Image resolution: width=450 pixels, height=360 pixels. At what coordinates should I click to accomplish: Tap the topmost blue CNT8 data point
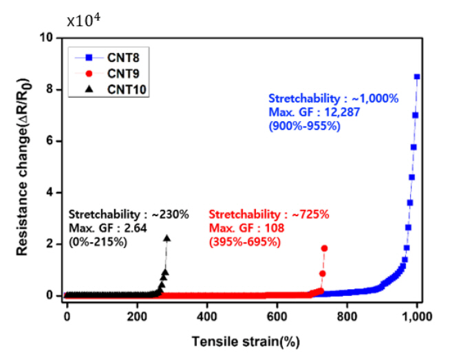(x=417, y=77)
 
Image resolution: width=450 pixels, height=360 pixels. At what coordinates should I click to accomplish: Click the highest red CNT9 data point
(x=325, y=248)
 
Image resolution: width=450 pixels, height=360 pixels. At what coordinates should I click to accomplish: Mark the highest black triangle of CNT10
(x=167, y=238)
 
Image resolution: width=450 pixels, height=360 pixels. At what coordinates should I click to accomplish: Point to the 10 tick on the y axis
(x=51, y=38)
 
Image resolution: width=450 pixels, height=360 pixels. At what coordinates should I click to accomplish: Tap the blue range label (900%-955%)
(x=304, y=126)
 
